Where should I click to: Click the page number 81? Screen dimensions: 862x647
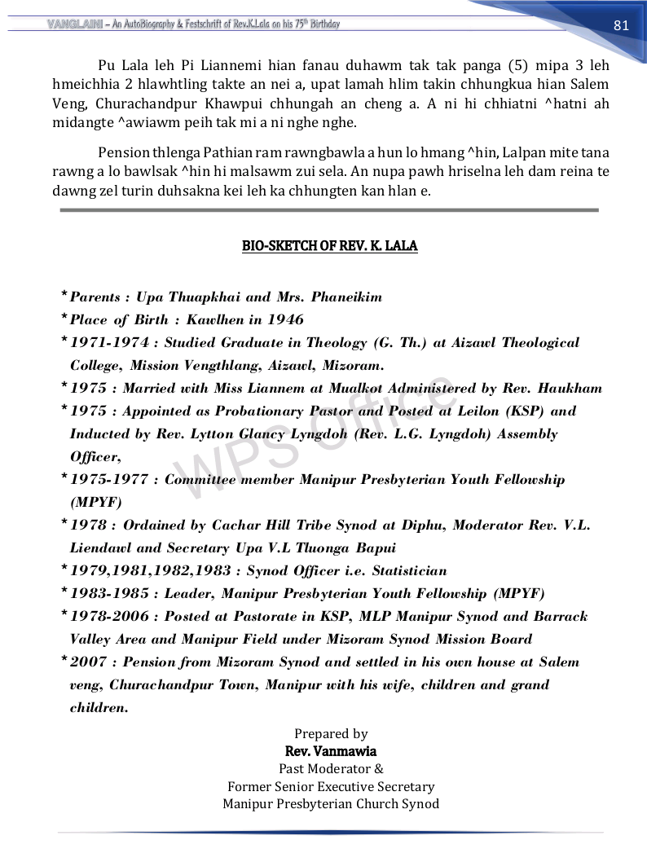[x=621, y=24]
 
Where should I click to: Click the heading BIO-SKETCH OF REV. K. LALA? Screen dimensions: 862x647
[x=330, y=245]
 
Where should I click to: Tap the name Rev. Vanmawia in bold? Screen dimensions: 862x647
[x=331, y=751]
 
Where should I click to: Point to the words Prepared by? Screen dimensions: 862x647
[x=331, y=734]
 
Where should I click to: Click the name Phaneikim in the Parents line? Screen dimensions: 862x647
[x=346, y=297]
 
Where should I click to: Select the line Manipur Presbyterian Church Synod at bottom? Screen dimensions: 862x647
[x=331, y=804]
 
